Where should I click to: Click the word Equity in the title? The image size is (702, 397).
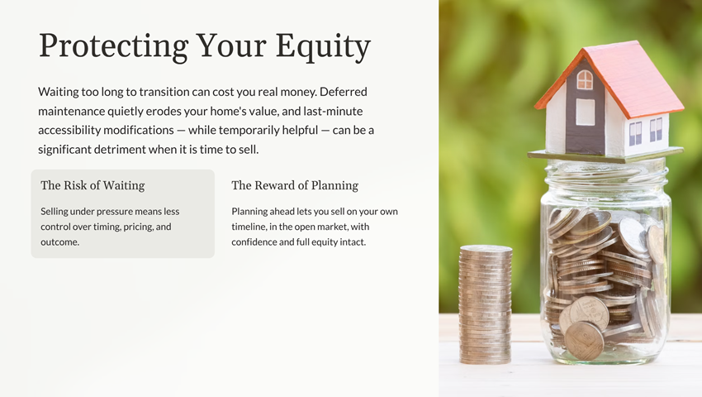[323, 46]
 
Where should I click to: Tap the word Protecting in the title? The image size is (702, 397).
[114, 46]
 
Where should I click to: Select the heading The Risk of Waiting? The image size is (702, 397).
[92, 185]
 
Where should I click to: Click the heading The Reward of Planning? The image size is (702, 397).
[295, 185]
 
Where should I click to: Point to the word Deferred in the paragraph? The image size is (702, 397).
[344, 92]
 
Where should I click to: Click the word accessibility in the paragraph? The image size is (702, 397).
[69, 130]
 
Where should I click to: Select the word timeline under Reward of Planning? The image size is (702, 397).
[249, 227]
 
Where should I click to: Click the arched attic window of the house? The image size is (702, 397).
[585, 80]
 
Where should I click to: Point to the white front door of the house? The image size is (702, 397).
[586, 112]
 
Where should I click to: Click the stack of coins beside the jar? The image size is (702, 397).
[486, 304]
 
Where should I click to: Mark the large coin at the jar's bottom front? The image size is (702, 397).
[584, 341]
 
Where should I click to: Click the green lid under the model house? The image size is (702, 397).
[605, 155]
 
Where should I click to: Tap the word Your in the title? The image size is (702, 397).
[231, 46]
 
